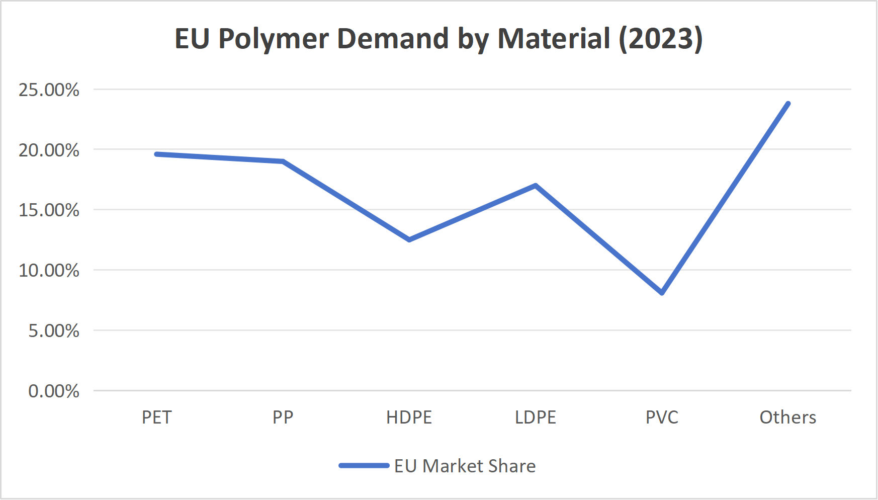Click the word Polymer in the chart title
(273, 39)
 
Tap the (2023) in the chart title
(660, 39)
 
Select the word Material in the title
(554, 39)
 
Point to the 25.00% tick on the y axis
(49, 90)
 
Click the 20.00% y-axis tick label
(49, 150)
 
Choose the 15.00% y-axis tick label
(49, 210)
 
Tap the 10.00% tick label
(49, 270)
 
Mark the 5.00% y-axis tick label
(53, 330)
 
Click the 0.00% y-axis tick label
(53, 391)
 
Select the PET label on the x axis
(157, 417)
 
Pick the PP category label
(283, 417)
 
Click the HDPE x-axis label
(409, 417)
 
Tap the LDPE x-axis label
(536, 417)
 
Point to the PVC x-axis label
(662, 417)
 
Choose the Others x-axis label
(787, 417)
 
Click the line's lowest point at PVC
(662, 293)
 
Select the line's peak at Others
(788, 104)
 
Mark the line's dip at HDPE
(409, 239)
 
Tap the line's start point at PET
(157, 154)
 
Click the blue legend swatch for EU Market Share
(364, 466)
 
